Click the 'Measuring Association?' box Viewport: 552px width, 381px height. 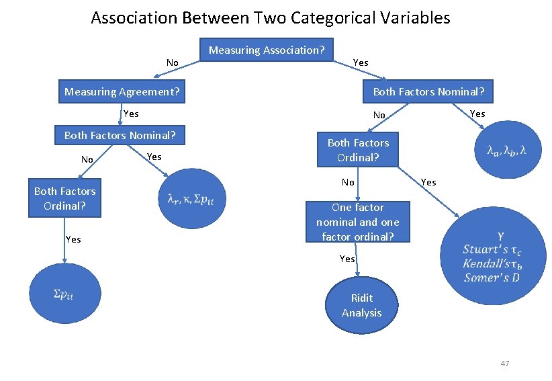[267, 50]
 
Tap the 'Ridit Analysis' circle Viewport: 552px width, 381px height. [361, 306]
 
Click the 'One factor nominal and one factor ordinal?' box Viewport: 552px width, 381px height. [357, 222]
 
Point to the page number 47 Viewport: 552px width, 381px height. [505, 364]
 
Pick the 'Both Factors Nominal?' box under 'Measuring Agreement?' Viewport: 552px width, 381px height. [120, 136]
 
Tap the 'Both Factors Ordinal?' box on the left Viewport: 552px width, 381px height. [64, 198]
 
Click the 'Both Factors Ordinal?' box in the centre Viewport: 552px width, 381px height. [358, 150]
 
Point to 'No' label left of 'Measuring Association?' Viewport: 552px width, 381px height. [173, 63]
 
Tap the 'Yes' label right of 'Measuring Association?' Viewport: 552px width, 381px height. [361, 62]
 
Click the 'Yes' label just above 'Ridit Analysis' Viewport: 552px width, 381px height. [347, 259]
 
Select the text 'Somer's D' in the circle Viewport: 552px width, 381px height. [491, 278]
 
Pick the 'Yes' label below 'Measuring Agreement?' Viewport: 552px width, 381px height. [131, 114]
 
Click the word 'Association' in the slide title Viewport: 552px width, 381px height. [134, 18]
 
